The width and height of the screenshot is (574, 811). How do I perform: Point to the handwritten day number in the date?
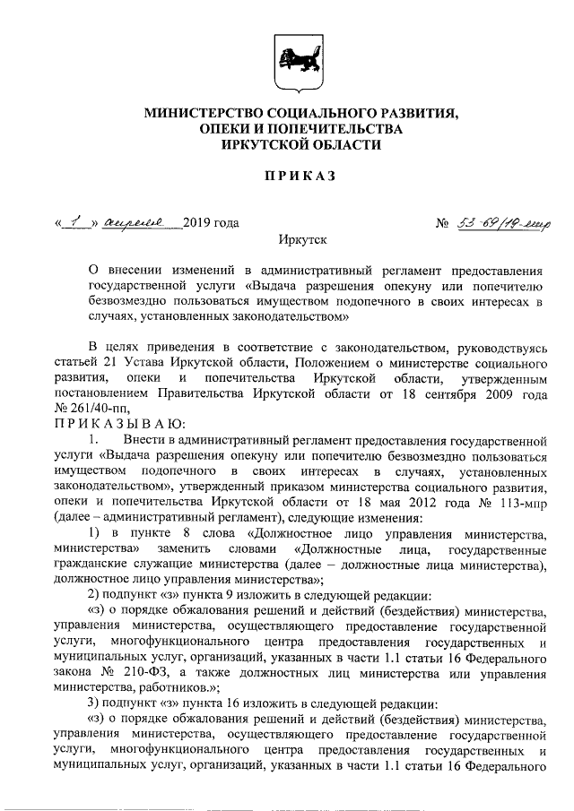click(77, 221)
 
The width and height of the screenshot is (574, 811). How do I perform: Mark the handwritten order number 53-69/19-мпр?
click(509, 222)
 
